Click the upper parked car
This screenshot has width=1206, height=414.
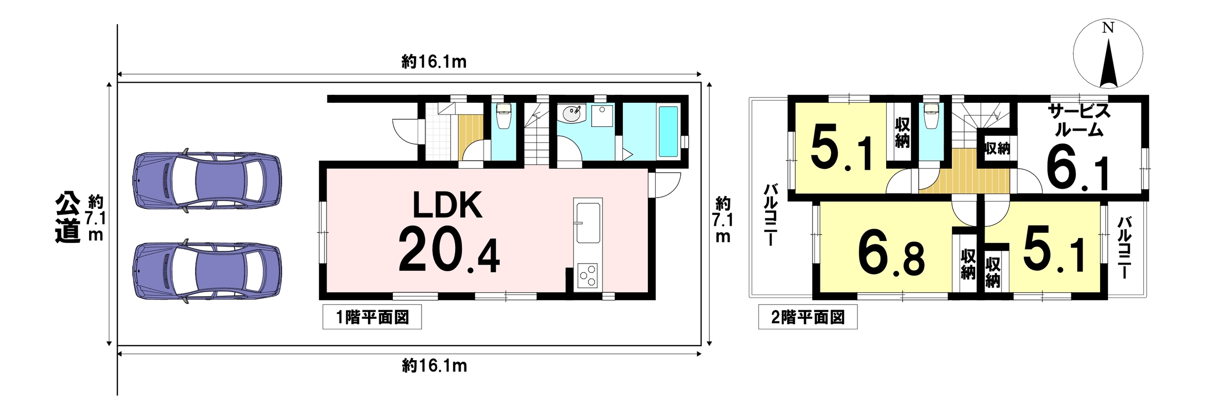[x=207, y=181]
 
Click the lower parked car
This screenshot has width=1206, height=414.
[x=207, y=271]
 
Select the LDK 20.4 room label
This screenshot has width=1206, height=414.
[x=448, y=232]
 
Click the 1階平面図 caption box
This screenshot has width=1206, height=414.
[x=372, y=317]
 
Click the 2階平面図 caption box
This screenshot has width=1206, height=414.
[x=808, y=317]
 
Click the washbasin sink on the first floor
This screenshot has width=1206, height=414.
[x=572, y=113]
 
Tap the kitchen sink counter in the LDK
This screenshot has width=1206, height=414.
[x=588, y=221]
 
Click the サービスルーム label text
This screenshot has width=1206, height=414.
[x=1079, y=120]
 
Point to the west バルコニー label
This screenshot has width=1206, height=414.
[x=771, y=215]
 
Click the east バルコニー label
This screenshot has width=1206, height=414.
[x=1125, y=247]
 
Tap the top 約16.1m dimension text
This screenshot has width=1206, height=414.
[x=434, y=62]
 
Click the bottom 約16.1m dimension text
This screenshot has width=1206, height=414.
[x=434, y=366]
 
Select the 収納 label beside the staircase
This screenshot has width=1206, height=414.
[x=997, y=149]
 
